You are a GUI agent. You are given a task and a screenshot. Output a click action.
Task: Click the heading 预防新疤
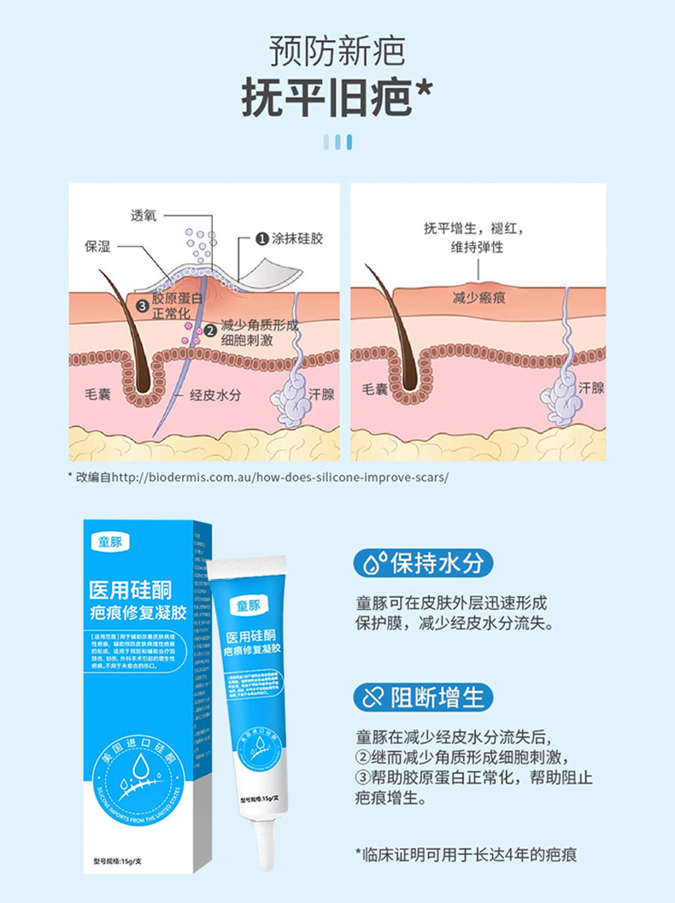[x=337, y=52]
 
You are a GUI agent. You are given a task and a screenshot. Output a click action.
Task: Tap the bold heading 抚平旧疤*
[x=337, y=99]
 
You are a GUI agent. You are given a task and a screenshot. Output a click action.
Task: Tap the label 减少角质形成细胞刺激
[x=258, y=333]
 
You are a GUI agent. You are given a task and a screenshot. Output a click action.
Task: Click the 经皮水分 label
[x=214, y=396]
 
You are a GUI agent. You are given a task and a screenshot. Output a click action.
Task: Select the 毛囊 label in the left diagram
[x=100, y=395]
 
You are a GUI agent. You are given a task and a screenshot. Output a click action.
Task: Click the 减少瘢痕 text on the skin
[x=479, y=297]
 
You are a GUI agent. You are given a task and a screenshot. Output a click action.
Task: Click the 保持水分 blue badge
[x=424, y=564]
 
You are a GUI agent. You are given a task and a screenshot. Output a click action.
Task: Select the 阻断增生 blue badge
[x=424, y=697]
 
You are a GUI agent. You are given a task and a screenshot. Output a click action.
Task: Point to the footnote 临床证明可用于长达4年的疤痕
[x=472, y=853]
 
